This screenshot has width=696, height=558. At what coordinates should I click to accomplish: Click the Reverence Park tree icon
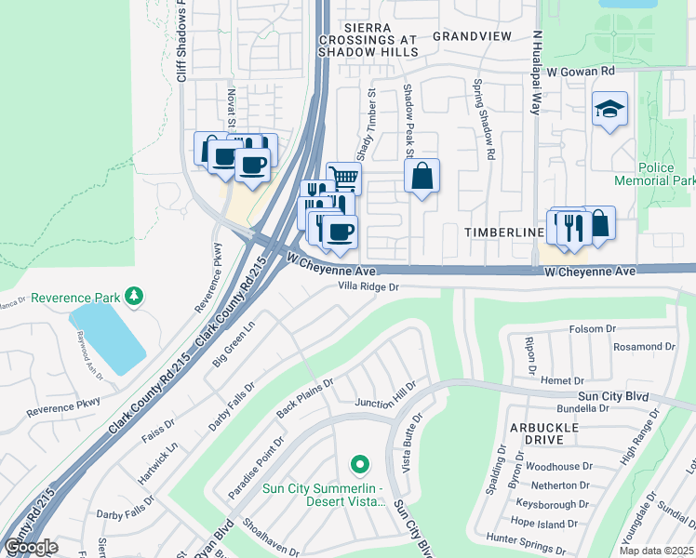click(x=136, y=297)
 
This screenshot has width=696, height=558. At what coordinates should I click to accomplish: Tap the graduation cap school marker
click(x=609, y=110)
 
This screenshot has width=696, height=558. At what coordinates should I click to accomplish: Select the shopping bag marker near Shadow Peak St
click(x=422, y=176)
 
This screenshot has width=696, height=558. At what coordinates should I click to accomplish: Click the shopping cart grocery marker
click(x=344, y=177)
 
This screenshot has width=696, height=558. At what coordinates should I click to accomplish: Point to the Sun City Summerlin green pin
click(x=359, y=463)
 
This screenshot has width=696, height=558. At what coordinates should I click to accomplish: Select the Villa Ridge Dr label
click(x=368, y=288)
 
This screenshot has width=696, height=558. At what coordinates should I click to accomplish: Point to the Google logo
click(x=32, y=547)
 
